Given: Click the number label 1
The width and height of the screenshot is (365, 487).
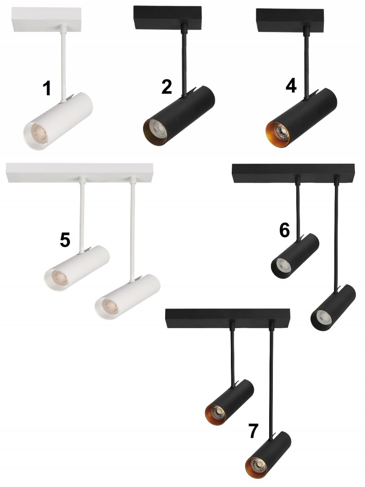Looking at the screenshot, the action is pyautogui.click(x=47, y=88).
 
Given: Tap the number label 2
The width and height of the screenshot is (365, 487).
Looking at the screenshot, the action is pyautogui.click(x=167, y=87).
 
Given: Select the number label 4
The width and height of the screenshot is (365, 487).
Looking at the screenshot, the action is pyautogui.click(x=291, y=85).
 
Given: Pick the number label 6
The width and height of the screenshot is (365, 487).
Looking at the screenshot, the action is pyautogui.click(x=284, y=230).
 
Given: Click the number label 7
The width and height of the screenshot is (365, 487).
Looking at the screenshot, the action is pyautogui.click(x=253, y=431).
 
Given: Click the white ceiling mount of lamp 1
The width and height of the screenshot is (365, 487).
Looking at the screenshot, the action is pyautogui.click(x=47, y=19).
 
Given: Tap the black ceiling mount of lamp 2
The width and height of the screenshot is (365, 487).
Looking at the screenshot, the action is pyautogui.click(x=168, y=18).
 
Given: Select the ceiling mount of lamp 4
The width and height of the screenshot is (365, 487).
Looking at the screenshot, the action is pyautogui.click(x=290, y=20).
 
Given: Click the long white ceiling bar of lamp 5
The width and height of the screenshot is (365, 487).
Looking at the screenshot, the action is pyautogui.click(x=80, y=173).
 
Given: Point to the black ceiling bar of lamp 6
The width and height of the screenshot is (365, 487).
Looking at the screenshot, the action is pyautogui.click(x=294, y=173).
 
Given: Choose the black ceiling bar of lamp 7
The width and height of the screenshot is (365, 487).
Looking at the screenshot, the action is pyautogui.click(x=228, y=318).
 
